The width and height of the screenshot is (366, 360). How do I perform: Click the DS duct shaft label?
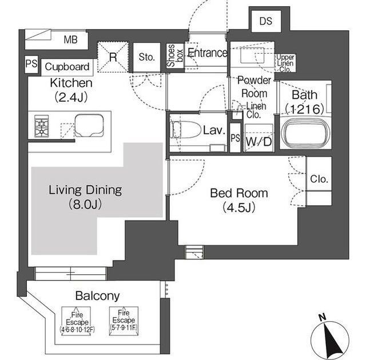tap(265, 21)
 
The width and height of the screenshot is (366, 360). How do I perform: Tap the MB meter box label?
tap(70, 39)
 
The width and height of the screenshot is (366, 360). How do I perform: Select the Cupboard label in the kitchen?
tap(67, 67)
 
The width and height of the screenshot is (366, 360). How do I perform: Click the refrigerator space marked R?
tap(113, 57)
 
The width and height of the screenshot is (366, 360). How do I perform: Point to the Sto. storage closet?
tap(147, 57)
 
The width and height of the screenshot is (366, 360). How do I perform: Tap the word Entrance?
tap(207, 53)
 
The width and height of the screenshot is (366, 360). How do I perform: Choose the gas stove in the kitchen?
tap(41, 126)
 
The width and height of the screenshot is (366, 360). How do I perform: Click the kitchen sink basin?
tap(89, 126)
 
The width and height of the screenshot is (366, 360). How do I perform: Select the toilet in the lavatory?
tap(186, 130)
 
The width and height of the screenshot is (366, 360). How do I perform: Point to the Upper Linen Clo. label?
tap(285, 63)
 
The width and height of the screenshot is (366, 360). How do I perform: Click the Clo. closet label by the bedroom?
tap(319, 179)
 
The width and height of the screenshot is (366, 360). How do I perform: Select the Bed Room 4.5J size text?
tap(239, 207)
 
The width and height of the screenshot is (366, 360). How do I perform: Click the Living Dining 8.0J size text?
tap(85, 205)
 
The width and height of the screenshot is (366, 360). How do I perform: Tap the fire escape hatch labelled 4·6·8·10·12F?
tap(77, 321)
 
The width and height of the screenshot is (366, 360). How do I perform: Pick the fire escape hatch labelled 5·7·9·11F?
tap(124, 321)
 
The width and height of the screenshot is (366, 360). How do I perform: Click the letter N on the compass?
tap(323, 318)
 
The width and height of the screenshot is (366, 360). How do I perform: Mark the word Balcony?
tap(97, 296)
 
